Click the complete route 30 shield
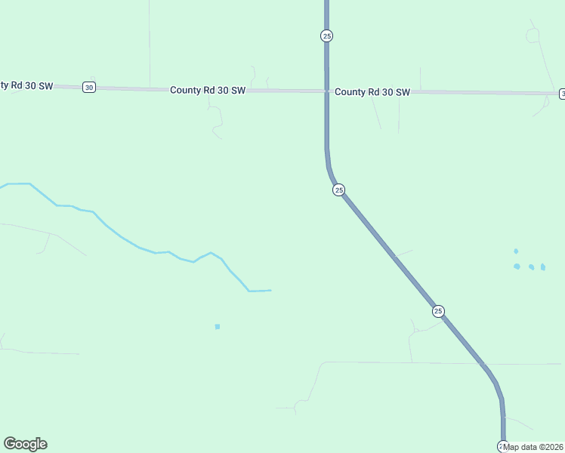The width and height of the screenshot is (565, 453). pos(89,88)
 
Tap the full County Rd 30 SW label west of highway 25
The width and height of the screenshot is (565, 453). pos(208,90)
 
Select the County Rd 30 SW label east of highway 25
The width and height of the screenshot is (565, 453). pos(372,92)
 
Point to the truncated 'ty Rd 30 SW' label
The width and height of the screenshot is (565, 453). pos(26,85)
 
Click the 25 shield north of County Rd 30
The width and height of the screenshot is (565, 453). pos(326,35)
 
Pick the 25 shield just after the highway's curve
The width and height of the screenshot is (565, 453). pos(338,190)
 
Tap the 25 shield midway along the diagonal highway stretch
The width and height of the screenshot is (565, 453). pos(438,311)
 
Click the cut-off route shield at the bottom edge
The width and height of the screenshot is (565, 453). pos(502,446)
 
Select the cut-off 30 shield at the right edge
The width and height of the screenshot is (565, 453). pos(562,94)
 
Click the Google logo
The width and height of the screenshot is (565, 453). pos(25,444)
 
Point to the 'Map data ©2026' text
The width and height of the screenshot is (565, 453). pos(533,447)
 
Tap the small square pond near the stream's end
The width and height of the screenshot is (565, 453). pos(218,326)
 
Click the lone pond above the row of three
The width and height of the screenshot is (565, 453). pos(516,251)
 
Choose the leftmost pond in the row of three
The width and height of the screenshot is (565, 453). pos(517,266)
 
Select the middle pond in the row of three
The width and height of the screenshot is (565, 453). pos(531,267)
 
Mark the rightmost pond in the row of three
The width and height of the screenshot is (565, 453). pos(542,267)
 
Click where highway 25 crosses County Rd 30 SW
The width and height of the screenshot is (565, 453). pos(326,91)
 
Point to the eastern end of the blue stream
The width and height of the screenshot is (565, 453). pos(270,290)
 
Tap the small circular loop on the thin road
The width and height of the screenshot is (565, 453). pos(533,35)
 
